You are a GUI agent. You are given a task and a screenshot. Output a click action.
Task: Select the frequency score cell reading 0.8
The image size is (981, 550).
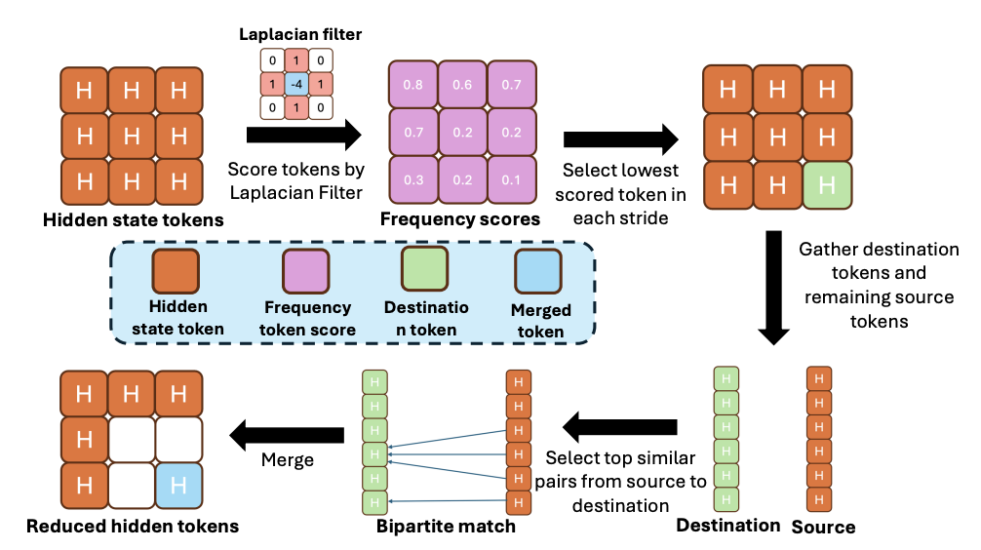412,85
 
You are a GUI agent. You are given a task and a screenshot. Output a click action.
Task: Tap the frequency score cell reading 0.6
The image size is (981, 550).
462,85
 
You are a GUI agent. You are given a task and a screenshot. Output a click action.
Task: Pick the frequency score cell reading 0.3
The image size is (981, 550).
412,180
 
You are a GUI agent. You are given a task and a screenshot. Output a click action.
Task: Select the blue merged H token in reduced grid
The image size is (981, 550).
177,485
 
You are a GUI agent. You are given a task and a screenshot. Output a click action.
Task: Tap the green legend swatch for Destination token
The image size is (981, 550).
424,270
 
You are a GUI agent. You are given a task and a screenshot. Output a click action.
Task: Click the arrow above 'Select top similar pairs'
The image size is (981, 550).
621,426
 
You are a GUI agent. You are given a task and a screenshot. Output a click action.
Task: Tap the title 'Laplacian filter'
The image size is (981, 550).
300,35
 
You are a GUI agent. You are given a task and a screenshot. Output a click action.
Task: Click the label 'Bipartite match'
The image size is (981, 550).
446,528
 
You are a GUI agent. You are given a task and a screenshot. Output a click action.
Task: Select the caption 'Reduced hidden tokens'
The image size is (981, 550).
132,528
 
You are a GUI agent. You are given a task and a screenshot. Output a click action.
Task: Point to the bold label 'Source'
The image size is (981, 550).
823,528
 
